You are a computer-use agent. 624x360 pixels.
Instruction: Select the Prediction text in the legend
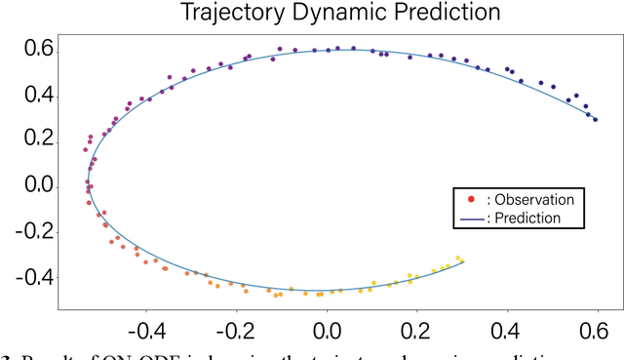[526, 218]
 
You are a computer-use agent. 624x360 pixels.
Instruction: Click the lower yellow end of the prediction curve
[463, 260]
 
